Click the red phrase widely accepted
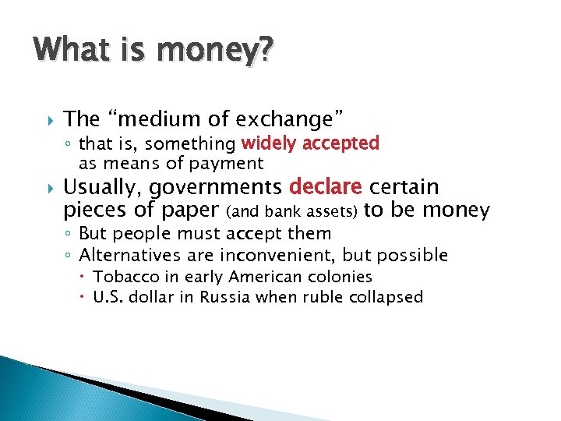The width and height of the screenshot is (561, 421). click(x=310, y=143)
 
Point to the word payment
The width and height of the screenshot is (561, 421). click(x=232, y=164)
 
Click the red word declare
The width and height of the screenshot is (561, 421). click(x=326, y=187)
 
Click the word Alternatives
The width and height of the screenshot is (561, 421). click(x=124, y=255)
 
